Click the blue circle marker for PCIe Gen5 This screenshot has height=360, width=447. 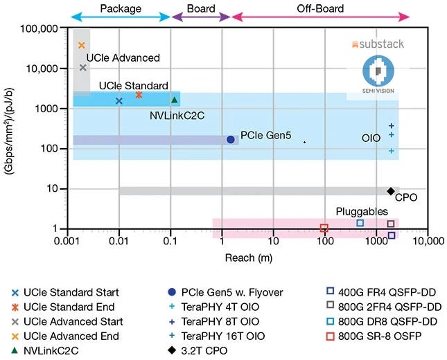231,139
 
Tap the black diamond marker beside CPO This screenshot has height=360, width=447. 390,191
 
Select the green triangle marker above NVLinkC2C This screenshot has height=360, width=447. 175,100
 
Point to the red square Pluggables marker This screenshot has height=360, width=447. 324,228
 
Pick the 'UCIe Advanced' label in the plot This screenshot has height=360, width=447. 123,58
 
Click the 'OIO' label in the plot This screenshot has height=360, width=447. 371,138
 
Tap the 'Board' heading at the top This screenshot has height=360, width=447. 200,9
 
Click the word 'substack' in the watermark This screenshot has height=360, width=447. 381,44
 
